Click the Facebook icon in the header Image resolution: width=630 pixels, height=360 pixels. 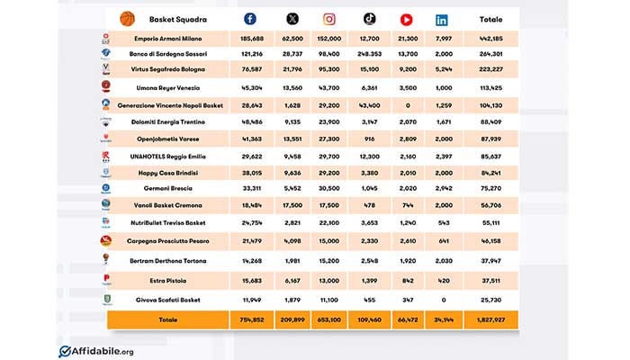(x=250, y=19)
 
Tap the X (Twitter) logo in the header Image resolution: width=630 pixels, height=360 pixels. (x=292, y=19)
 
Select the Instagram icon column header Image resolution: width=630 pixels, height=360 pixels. (x=329, y=19)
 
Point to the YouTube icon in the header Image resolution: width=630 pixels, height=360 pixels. (x=406, y=19)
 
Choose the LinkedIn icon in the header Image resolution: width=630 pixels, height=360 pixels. (x=442, y=19)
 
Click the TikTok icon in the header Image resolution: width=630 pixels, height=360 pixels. (x=369, y=19)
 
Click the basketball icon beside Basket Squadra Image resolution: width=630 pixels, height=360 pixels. (x=127, y=18)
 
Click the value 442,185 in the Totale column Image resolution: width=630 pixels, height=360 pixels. (x=490, y=39)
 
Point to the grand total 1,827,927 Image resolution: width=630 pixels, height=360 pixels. (x=490, y=319)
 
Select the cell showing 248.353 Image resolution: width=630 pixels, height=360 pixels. (x=369, y=53)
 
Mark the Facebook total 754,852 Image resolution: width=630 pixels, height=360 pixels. (x=251, y=319)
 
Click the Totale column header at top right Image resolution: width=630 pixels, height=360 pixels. (x=491, y=19)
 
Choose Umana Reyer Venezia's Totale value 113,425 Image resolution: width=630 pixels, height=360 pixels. (x=490, y=88)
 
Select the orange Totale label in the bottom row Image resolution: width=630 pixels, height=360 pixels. (x=168, y=319)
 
